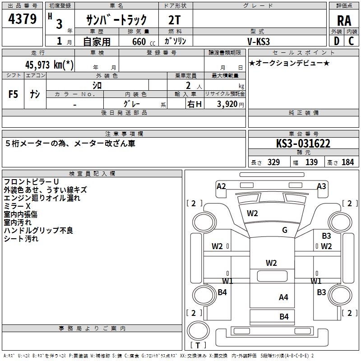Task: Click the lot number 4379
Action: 23,19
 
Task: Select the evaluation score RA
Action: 344,21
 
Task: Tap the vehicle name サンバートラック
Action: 117,20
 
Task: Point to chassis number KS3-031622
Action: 303,144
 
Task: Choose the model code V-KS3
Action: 259,41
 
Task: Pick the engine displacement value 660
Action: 139,42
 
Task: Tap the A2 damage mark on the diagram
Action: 221,186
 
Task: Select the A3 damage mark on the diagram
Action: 321,186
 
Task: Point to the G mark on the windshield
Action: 285,230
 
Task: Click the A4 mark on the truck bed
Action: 283,297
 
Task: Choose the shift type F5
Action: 14,94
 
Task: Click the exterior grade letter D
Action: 336,41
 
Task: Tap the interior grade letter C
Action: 351,41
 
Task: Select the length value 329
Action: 273,162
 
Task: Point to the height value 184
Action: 348,162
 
